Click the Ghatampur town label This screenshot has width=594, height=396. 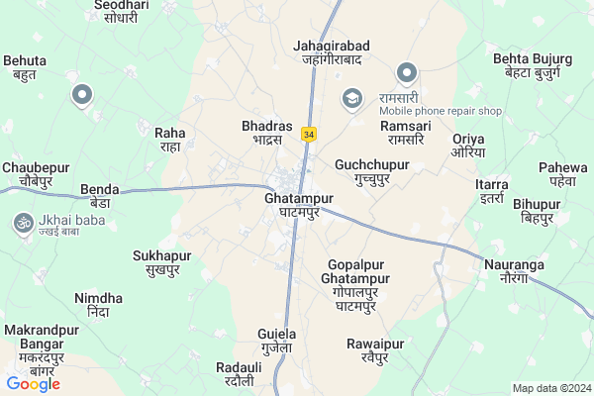pyautogui.click(x=291, y=205)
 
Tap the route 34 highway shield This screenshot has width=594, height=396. pyautogui.click(x=310, y=134)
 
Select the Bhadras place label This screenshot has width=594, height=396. pyautogui.click(x=267, y=133)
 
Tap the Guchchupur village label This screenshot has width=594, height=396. pyautogui.click(x=372, y=170)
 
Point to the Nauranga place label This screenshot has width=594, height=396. pyautogui.click(x=514, y=271)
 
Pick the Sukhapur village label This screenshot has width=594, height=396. pyautogui.click(x=161, y=261)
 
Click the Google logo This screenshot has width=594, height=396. pyautogui.click(x=33, y=383)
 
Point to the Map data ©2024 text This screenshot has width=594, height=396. pyautogui.click(x=549, y=387)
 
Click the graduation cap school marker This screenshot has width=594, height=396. pyautogui.click(x=351, y=97)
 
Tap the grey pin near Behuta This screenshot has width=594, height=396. pyautogui.click(x=83, y=95)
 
